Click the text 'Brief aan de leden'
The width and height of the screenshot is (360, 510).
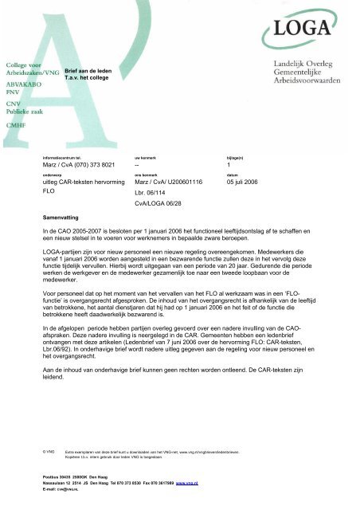(x=88, y=71)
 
